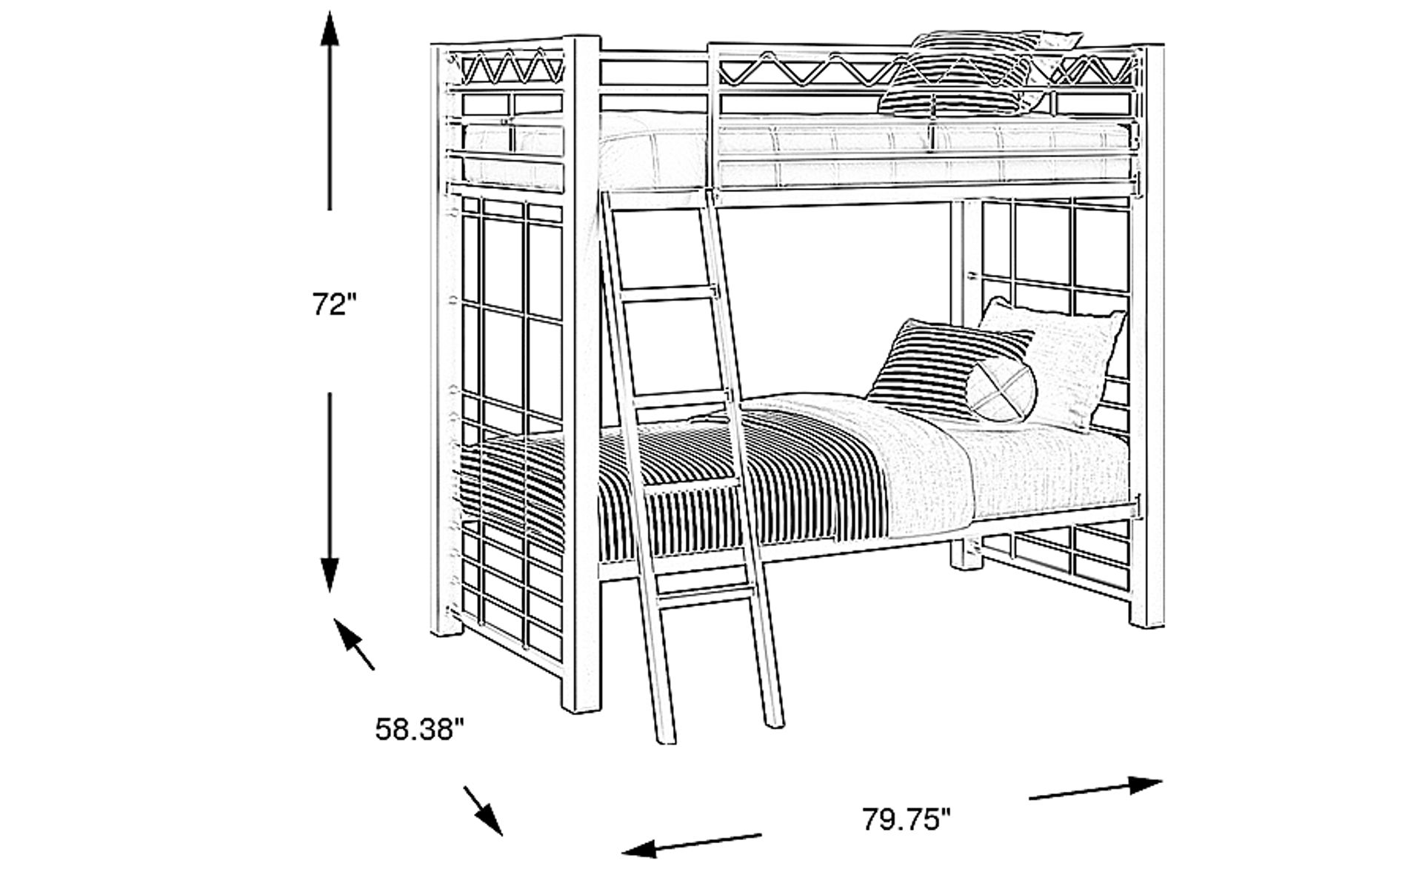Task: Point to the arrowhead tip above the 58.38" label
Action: click(x=335, y=619)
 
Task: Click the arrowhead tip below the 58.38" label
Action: click(x=503, y=836)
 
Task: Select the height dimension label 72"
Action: click(x=335, y=304)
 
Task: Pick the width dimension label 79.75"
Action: click(x=905, y=819)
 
